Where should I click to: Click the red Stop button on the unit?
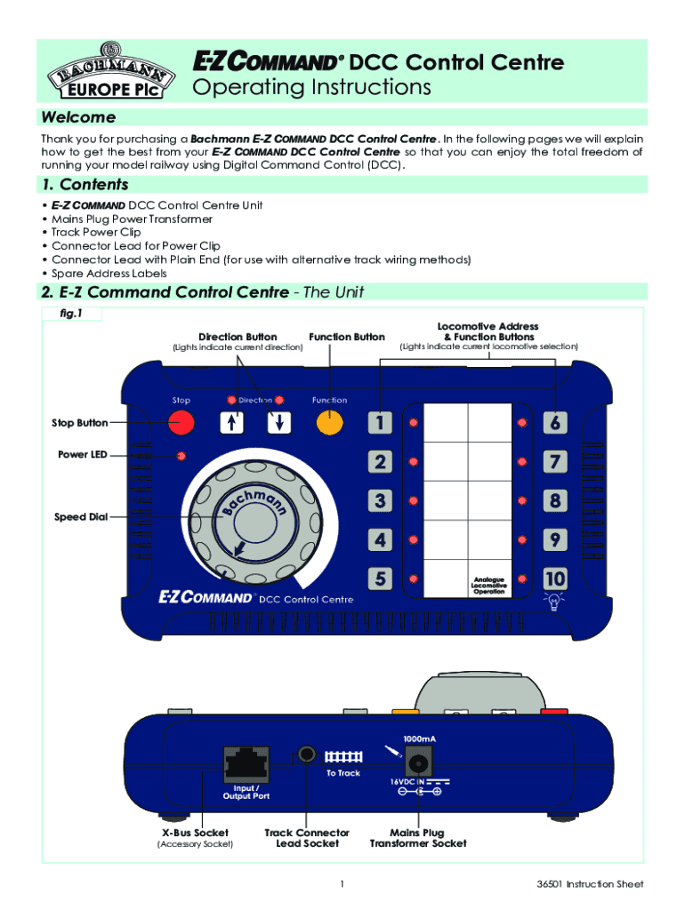(x=181, y=423)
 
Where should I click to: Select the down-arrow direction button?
(x=279, y=423)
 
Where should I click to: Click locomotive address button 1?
(x=380, y=423)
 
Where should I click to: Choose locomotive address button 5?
(x=380, y=579)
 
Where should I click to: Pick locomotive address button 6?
(x=554, y=423)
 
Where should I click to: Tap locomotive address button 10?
(x=554, y=579)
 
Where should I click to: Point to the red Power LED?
(x=181, y=457)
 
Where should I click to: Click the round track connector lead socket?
(x=307, y=754)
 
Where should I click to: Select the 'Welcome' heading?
(x=78, y=118)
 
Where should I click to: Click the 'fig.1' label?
(x=71, y=314)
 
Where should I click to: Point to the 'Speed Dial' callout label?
(x=81, y=517)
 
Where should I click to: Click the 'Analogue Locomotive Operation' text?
(x=488, y=586)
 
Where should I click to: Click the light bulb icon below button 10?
(x=554, y=602)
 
